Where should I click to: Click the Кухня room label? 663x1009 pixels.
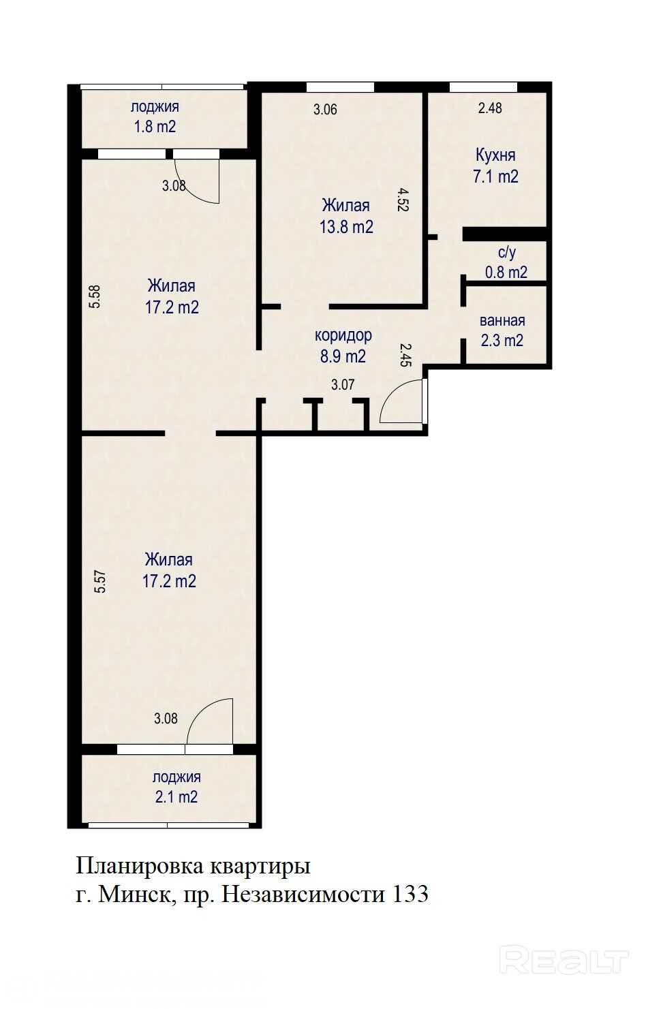tap(495, 155)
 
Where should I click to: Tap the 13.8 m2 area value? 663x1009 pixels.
tap(346, 227)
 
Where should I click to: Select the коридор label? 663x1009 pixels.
tap(343, 336)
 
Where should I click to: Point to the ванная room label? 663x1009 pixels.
tap(502, 321)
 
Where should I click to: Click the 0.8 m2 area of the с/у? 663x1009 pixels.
tap(506, 272)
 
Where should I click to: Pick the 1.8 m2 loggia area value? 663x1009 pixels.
tap(155, 127)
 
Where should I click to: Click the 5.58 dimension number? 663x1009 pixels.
tap(95, 296)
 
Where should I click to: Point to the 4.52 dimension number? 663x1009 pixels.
tap(403, 200)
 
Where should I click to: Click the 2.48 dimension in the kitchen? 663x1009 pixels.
tap(490, 108)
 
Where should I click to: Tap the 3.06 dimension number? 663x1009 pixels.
tap(325, 110)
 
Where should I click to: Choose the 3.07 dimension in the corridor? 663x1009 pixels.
tap(343, 385)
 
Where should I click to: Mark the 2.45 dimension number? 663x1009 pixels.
tap(406, 355)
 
